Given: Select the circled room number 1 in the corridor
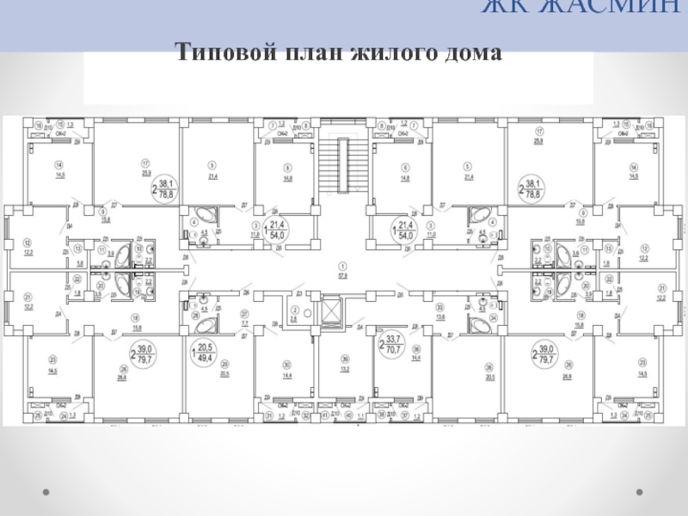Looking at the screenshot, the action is [343, 265].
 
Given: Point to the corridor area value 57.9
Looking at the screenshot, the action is [343, 277].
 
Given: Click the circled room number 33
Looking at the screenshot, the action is [441, 307].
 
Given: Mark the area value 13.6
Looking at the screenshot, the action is [441, 316].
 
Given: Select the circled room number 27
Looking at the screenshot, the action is [244, 316].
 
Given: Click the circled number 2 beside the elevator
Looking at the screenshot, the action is [293, 309].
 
